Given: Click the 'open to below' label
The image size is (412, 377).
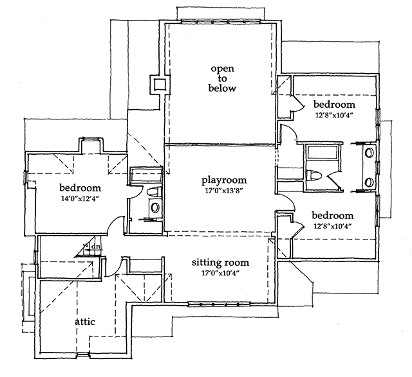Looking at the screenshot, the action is pyautogui.click(x=222, y=78).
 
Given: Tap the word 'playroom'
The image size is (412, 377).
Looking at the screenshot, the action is pyautogui.click(x=223, y=180).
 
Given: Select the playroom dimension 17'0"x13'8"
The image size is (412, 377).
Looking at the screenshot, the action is pyautogui.click(x=223, y=191).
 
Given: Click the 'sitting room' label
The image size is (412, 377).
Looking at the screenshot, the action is pyautogui.click(x=220, y=262).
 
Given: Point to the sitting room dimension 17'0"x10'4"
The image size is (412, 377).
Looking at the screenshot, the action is pyautogui.click(x=220, y=273).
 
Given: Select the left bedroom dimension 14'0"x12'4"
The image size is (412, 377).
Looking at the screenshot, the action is pyautogui.click(x=80, y=198).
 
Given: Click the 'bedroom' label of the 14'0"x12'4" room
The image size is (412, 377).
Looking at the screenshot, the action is pyautogui.click(x=80, y=188).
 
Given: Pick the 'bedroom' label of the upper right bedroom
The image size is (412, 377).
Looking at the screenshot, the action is pyautogui.click(x=334, y=104).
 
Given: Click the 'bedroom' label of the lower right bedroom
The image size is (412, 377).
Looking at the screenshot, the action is pyautogui.click(x=333, y=215).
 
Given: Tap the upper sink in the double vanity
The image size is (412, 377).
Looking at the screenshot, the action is pyautogui.click(x=369, y=153).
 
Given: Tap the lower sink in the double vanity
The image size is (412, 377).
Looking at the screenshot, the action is pyautogui.click(x=369, y=182).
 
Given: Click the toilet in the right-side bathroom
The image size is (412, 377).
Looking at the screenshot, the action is pyautogui.click(x=314, y=175).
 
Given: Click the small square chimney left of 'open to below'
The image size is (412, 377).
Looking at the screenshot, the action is pyautogui.click(x=158, y=84).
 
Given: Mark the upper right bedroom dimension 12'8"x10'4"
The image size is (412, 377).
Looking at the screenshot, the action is pyautogui.click(x=334, y=115).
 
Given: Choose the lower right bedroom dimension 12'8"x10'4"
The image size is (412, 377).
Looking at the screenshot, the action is pyautogui.click(x=333, y=226).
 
